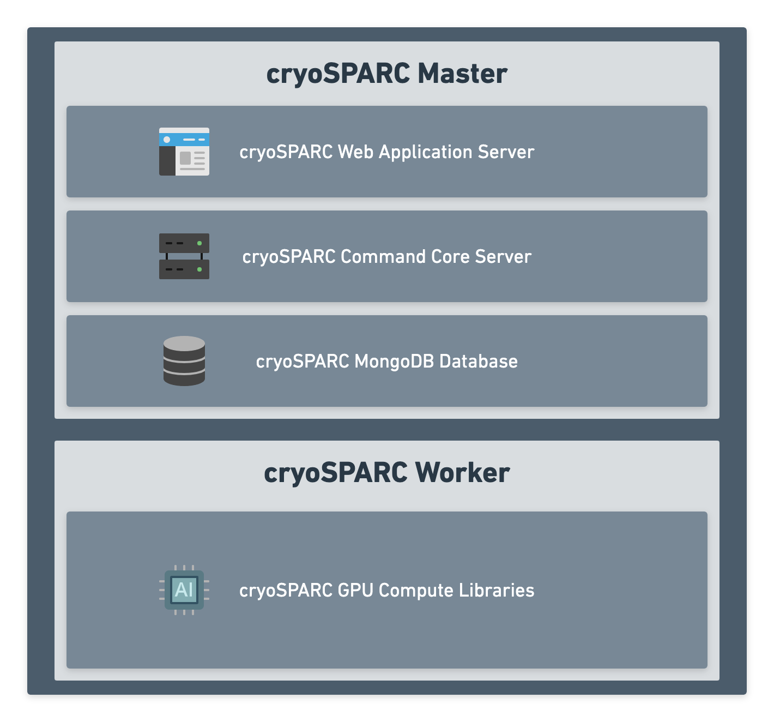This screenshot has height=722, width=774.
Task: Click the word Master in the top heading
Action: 462,74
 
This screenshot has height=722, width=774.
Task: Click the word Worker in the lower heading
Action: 462,473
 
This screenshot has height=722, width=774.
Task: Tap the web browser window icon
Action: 184,152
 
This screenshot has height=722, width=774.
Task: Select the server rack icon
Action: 184,256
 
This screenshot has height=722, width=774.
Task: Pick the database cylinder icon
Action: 184,361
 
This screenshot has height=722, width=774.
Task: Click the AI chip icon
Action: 184,589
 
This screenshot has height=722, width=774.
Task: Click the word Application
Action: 425,152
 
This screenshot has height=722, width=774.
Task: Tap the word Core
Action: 450,256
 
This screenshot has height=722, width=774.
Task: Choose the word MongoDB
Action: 394,361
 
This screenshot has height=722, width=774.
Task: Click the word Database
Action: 478,361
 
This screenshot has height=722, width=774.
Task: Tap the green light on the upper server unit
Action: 199,243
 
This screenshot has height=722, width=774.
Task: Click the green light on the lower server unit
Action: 199,269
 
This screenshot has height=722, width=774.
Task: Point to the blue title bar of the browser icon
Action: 184,140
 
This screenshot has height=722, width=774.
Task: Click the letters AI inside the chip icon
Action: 184,589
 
